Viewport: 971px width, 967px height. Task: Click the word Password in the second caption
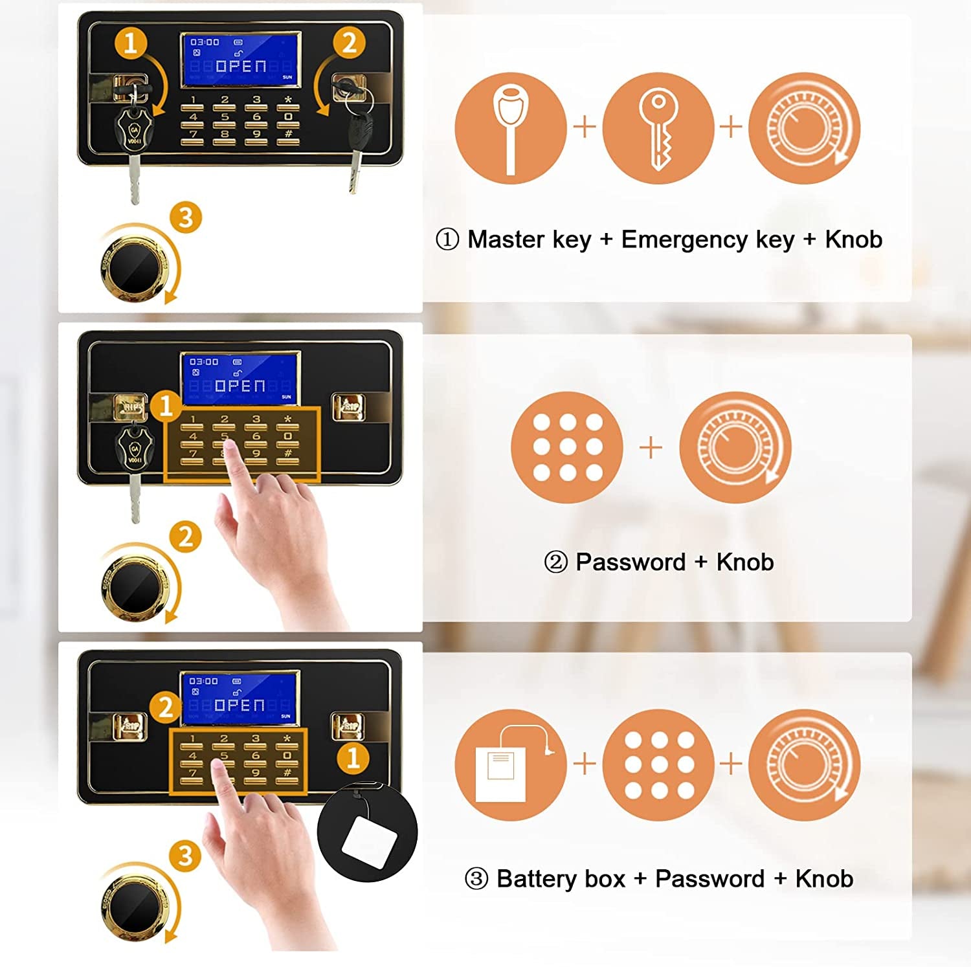631,562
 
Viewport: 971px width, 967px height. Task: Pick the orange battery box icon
511,765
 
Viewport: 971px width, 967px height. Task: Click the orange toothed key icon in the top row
658,128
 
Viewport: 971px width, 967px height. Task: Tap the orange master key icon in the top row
511,128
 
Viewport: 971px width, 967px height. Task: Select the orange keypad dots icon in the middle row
567,447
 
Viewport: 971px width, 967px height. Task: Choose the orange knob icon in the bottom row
805,765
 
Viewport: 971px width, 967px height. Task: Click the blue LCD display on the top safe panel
240,59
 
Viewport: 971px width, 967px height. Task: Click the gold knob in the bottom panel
134,906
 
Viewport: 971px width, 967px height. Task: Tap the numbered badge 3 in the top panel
186,217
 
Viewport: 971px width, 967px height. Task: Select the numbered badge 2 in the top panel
350,43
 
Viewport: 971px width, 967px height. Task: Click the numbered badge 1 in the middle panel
166,406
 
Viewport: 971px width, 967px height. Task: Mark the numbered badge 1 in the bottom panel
353,757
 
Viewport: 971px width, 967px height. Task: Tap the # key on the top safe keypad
288,134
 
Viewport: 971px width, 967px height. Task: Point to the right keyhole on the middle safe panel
348,407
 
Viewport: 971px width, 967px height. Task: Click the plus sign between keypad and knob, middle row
651,447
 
